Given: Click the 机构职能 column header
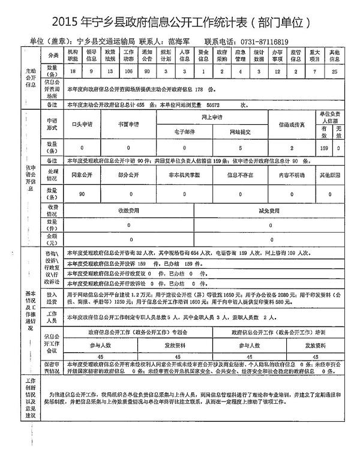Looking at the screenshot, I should point(73,56).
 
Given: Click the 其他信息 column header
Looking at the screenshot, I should point(334,56).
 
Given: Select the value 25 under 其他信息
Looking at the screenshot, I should point(334,71).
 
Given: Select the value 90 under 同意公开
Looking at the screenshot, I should point(80,194).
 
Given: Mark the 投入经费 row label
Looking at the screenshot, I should point(52,298).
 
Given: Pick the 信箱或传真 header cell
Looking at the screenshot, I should point(291,124).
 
